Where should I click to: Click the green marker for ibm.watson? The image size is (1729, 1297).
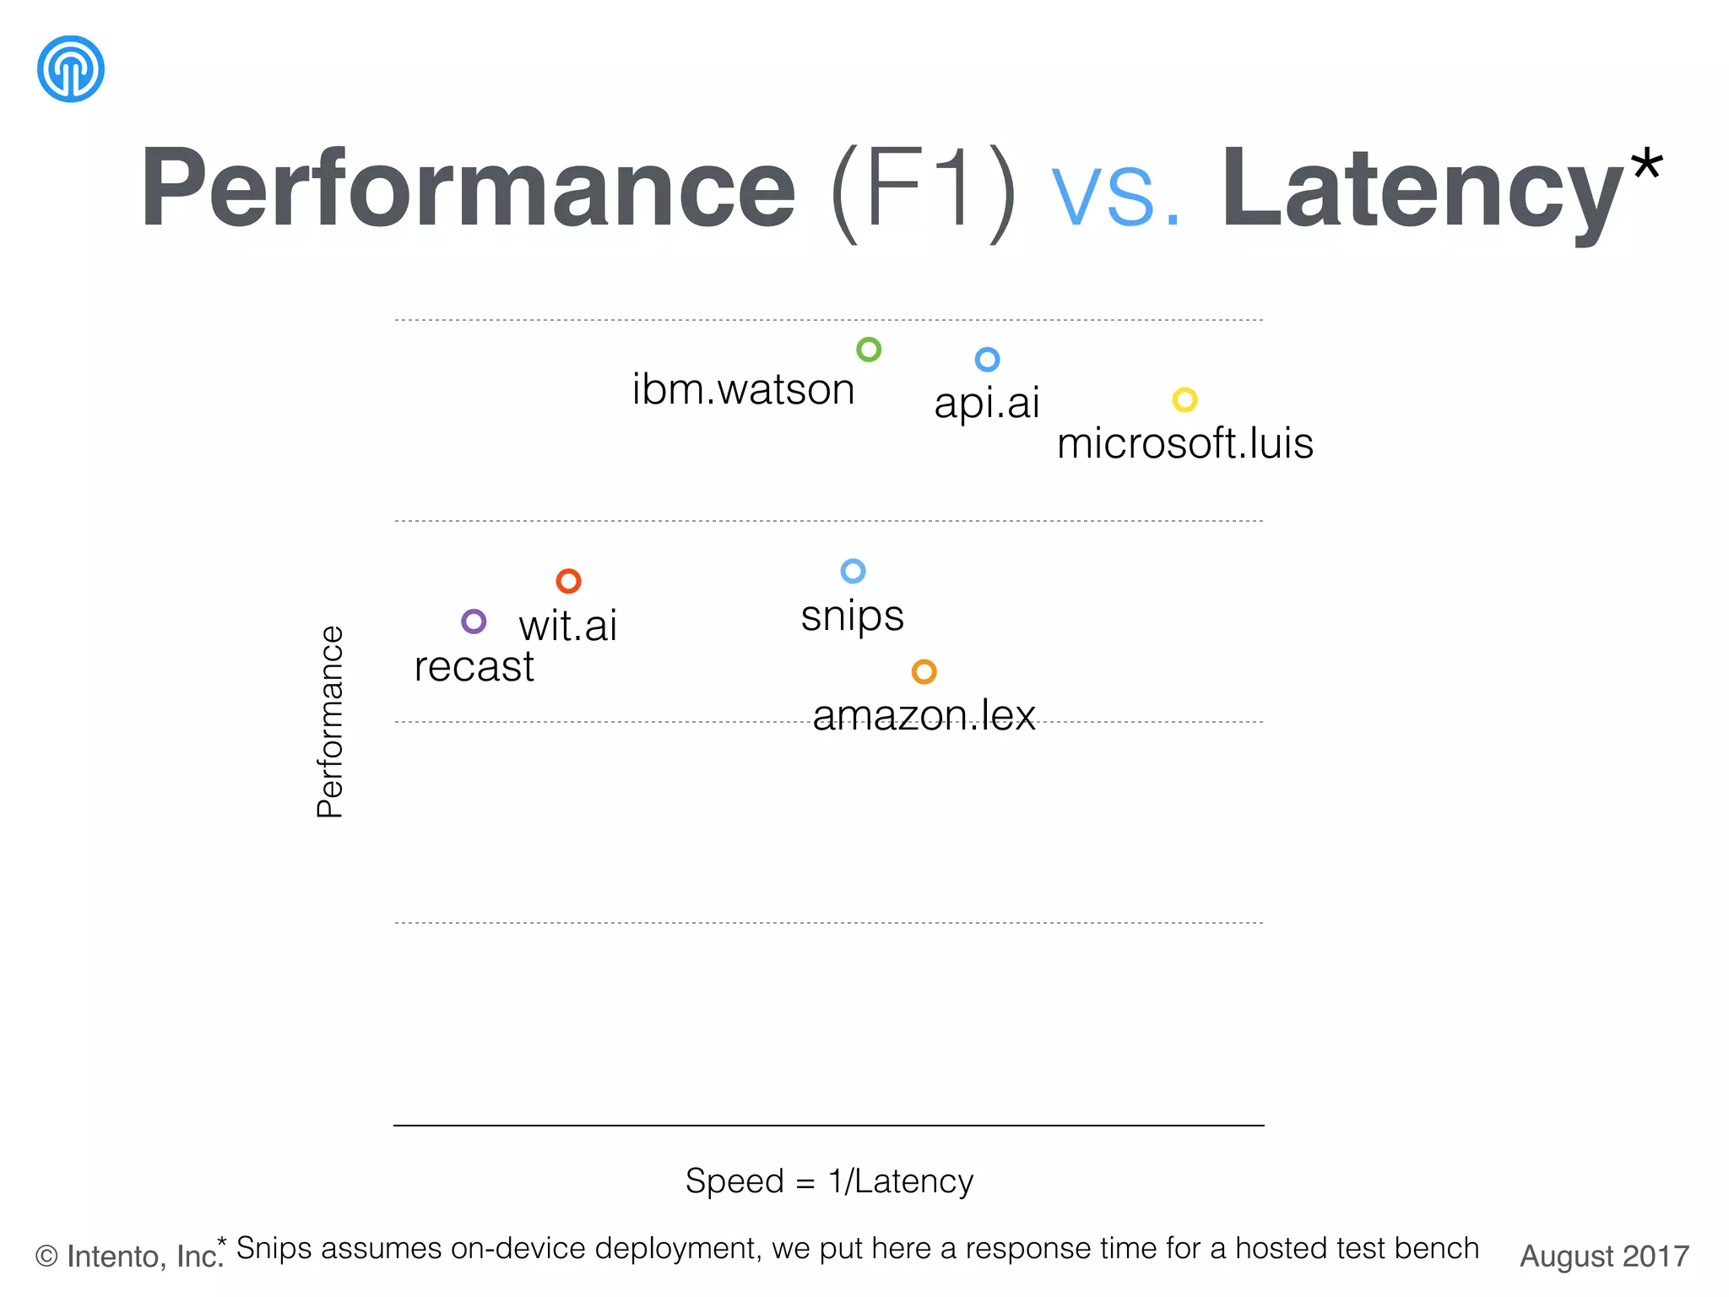(x=869, y=350)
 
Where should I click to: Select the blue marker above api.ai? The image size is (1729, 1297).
(x=987, y=360)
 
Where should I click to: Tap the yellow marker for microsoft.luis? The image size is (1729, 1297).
(x=1184, y=399)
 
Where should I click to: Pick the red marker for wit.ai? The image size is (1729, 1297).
(x=568, y=581)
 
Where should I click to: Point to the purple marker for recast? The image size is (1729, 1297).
(x=474, y=621)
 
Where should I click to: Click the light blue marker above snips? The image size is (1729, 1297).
(x=853, y=571)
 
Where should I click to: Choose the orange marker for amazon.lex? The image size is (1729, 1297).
(x=924, y=671)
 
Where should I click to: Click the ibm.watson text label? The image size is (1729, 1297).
(x=743, y=390)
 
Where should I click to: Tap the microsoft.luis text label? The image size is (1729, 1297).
(x=1184, y=443)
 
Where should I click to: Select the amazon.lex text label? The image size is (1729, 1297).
(x=924, y=715)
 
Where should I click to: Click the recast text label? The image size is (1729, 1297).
(x=474, y=667)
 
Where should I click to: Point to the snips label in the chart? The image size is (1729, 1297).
(x=852, y=616)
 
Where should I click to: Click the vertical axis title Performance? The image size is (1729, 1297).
(x=330, y=722)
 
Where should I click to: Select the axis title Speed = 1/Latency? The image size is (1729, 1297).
(x=829, y=1180)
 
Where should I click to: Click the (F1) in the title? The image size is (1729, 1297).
(x=924, y=189)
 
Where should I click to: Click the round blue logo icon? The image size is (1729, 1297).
(x=71, y=68)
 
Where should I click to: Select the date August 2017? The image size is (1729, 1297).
(x=1604, y=1256)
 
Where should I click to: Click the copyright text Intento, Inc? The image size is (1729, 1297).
(x=129, y=1256)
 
